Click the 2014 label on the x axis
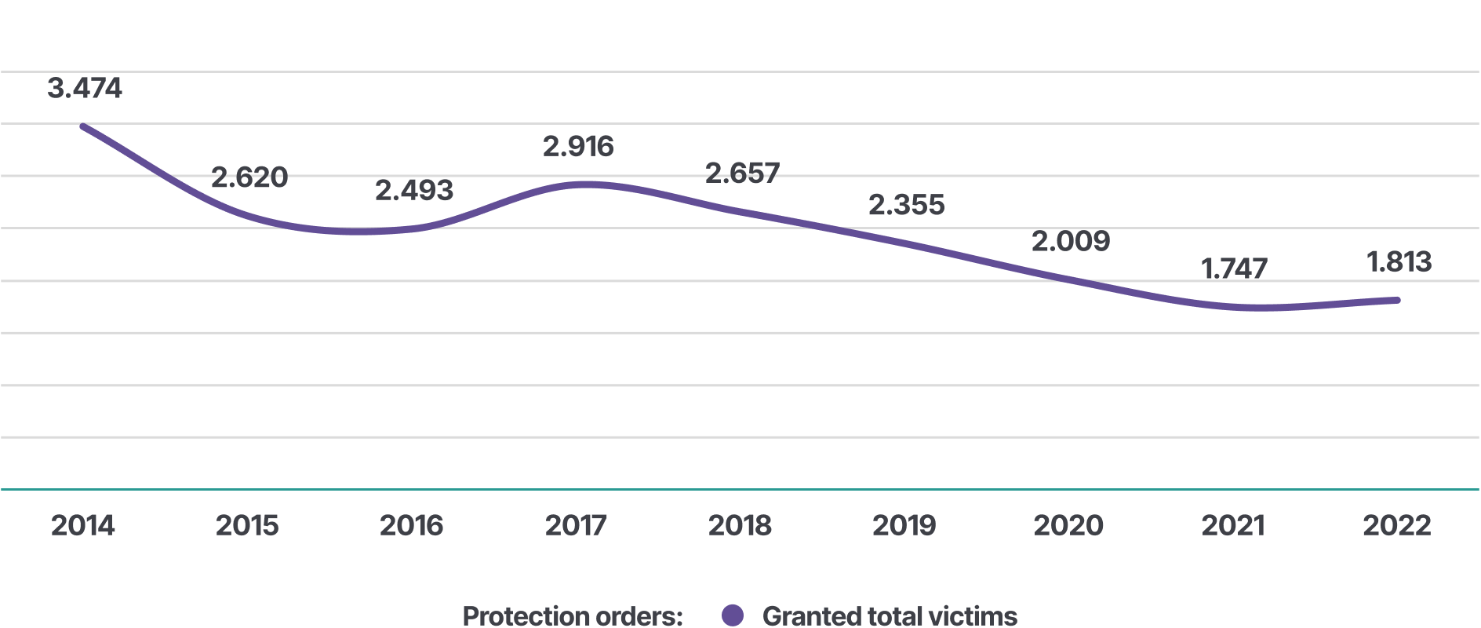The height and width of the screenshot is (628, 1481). tap(83, 525)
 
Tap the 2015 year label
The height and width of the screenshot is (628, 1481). tap(247, 525)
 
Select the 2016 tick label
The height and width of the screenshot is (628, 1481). tap(412, 525)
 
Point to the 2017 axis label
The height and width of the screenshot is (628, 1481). tap(576, 525)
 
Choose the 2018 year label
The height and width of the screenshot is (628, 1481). tap(740, 525)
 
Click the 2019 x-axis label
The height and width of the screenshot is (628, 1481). tap(904, 525)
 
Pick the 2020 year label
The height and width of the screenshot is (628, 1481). tap(1068, 525)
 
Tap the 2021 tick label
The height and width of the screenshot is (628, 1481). tap(1233, 525)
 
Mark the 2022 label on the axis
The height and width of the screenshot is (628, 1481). tap(1397, 525)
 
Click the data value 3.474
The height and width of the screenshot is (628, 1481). tap(85, 88)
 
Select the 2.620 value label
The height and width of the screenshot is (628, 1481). tap(249, 177)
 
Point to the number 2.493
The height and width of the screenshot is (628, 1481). tap(414, 190)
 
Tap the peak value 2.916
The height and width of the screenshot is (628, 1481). tap(578, 146)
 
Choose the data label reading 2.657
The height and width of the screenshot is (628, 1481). tap(743, 173)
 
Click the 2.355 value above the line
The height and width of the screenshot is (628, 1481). tap(907, 205)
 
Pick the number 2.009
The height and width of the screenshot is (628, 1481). tap(1071, 241)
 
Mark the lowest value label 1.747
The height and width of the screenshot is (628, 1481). tap(1235, 269)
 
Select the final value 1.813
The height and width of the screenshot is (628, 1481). tap(1399, 262)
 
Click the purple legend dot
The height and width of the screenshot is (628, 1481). tap(733, 615)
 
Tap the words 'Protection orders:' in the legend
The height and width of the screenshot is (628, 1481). tap(573, 616)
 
